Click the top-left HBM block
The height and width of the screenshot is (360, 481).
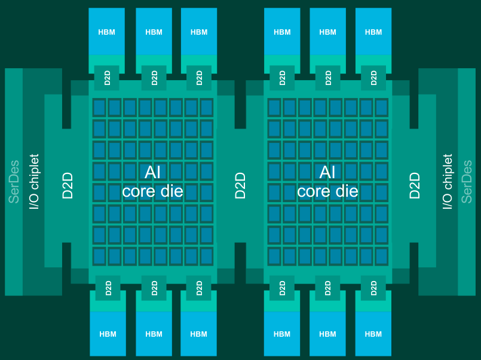click(106, 32)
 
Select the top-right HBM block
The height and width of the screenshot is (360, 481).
click(373, 32)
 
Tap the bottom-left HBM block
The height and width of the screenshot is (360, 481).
click(108, 334)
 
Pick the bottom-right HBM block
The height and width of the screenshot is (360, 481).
click(373, 334)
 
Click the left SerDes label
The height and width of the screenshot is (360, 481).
click(14, 181)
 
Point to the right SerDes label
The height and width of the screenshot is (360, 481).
click(467, 181)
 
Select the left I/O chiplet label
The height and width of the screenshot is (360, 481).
click(34, 181)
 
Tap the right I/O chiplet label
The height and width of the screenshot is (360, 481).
click(448, 181)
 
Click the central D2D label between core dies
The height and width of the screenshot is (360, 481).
click(240, 185)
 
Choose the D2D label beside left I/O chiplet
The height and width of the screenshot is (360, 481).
click(68, 185)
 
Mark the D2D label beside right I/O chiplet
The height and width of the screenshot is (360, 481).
click(415, 185)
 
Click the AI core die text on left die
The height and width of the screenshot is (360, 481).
click(152, 182)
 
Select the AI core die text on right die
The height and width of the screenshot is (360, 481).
click(327, 182)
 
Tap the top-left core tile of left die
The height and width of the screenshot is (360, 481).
click(99, 108)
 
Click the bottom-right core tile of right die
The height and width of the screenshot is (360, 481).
click(381, 257)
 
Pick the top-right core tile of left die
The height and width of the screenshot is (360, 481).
click(206, 108)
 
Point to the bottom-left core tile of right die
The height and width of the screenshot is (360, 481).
click(274, 257)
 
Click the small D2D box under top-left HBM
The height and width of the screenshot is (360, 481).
click(108, 78)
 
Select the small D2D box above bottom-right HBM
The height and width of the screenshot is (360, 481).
click(373, 288)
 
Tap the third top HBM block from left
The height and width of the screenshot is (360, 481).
click(199, 32)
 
